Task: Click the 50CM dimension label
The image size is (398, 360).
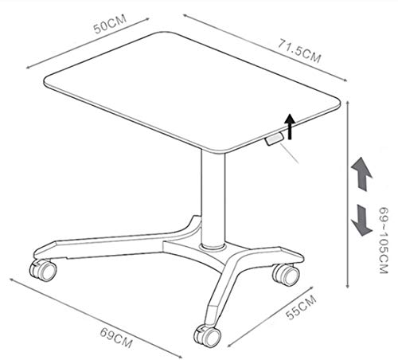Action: pos(110,24)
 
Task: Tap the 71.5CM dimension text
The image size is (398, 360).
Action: pos(299,51)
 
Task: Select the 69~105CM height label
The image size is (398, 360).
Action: pos(384,241)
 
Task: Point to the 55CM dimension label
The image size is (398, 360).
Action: pos(301,307)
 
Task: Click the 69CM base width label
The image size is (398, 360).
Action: pos(116,338)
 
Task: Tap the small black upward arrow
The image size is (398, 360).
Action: pos(290,127)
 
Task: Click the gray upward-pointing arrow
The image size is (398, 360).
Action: pos(362,174)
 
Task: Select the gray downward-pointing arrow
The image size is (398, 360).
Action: pos(362,220)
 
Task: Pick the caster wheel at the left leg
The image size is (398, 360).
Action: pos(43,270)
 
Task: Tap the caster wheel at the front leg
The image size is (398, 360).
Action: pos(207,335)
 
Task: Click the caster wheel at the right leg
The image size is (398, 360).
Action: pos(287,275)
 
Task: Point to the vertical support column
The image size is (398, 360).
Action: pos(213,199)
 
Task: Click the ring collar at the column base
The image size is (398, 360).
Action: pos(213,246)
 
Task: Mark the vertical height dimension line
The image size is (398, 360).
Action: pos(348,194)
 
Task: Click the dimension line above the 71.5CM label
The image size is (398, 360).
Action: pos(265,48)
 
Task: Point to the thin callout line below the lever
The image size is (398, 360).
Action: pos(289,153)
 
